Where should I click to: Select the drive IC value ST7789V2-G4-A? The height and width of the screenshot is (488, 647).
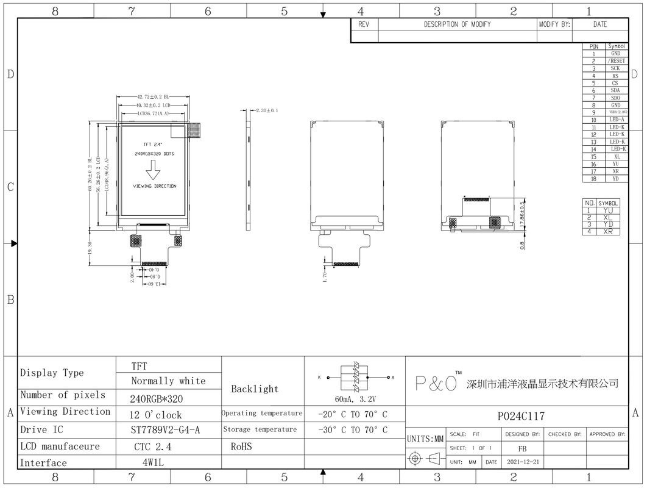tap(166, 430)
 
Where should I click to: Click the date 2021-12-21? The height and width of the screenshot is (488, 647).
tap(523, 462)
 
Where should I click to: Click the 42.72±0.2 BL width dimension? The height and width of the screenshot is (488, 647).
tap(152, 97)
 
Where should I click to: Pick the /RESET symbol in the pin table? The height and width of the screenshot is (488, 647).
tap(616, 61)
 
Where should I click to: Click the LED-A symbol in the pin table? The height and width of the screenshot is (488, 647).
tap(616, 120)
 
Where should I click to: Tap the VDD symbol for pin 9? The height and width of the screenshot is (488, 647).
tap(616, 112)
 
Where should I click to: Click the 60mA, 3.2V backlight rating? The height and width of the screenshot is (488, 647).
tap(355, 400)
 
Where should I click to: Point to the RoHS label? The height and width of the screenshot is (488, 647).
tap(241, 447)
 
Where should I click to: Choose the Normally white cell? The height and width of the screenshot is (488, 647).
tap(168, 381)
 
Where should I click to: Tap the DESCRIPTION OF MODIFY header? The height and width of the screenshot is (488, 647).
tap(457, 24)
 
